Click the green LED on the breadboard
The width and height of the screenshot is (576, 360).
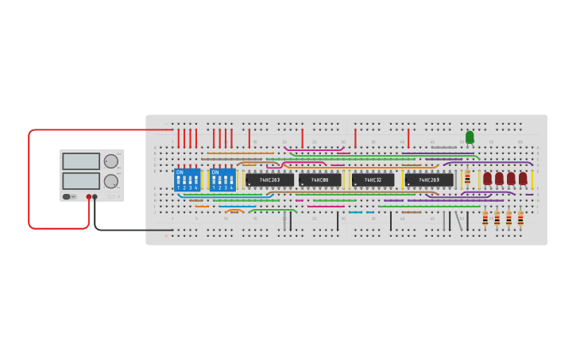(x=470, y=137)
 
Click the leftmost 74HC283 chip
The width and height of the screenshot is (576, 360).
(x=269, y=180)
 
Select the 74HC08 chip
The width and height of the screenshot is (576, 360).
(x=320, y=180)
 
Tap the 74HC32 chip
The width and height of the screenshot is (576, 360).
(x=373, y=180)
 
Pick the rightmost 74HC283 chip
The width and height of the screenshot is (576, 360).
(x=429, y=180)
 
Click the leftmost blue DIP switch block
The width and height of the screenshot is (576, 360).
(x=187, y=180)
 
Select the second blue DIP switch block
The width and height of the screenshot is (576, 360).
(x=223, y=180)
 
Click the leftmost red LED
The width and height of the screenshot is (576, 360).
(x=488, y=178)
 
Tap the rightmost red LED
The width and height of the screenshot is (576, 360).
(x=523, y=178)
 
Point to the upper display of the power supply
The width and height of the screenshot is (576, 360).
(x=81, y=161)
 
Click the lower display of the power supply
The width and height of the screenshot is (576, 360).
(x=81, y=181)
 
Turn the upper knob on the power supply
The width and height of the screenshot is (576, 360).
(x=110, y=161)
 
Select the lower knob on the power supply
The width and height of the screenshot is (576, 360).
(x=110, y=181)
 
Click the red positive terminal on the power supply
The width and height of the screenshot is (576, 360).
(x=88, y=196)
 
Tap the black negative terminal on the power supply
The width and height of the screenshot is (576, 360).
(x=95, y=196)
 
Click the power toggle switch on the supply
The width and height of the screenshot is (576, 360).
(x=68, y=196)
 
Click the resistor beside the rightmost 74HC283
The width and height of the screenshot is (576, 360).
(x=467, y=178)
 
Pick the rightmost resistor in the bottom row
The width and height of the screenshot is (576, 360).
(x=520, y=218)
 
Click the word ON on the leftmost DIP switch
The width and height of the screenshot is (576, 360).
(x=180, y=172)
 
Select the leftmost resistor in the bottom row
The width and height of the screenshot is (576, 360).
(x=485, y=218)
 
